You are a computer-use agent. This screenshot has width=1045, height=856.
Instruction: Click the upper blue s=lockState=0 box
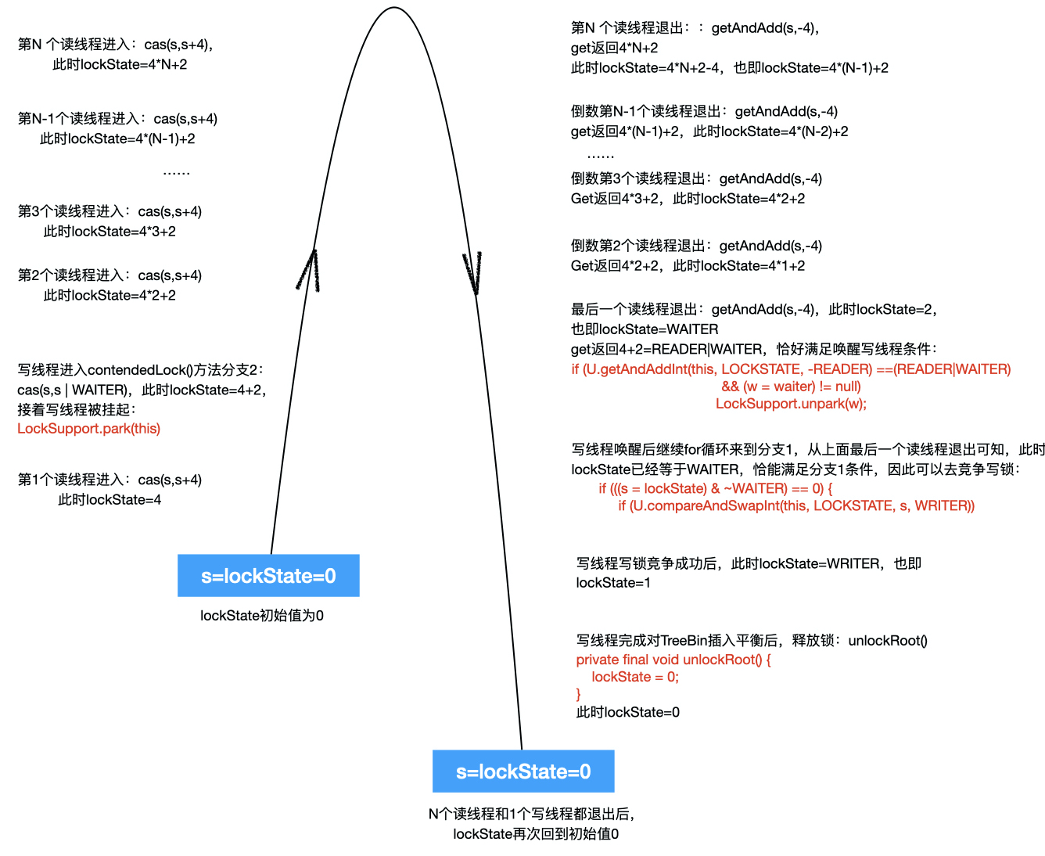point(268,576)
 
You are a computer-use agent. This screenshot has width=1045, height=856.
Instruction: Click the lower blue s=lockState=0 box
point(523,771)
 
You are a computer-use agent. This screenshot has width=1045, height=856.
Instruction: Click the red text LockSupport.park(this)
point(88,429)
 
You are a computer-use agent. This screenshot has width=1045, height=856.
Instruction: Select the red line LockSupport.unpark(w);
point(791,404)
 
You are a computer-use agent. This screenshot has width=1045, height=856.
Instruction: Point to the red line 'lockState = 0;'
point(635,677)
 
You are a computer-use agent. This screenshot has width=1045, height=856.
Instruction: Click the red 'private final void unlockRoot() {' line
point(673,660)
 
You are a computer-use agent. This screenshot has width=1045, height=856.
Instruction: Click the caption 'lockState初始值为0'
point(262,616)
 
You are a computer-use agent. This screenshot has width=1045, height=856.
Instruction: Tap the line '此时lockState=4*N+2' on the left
point(120,65)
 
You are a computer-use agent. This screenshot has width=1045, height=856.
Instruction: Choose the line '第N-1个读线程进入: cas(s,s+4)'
point(117,119)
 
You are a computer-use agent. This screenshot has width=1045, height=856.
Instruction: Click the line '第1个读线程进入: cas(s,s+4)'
point(110,480)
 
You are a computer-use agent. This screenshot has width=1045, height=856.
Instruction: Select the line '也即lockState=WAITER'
point(645,329)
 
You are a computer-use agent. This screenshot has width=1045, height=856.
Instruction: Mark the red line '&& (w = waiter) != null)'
point(791,387)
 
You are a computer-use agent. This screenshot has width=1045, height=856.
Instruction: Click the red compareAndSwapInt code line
point(796,506)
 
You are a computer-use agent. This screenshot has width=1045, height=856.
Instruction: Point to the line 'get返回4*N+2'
point(614,48)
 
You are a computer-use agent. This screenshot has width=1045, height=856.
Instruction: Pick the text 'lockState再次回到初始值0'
point(536,834)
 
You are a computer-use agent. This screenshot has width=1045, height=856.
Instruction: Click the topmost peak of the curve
point(393,9)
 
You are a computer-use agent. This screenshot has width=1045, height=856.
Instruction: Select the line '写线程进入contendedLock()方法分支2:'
point(141,370)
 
